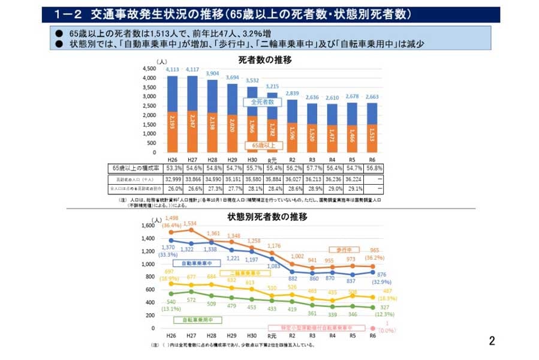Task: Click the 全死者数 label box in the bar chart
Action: pos(261,102)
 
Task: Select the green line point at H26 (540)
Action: pos(172,293)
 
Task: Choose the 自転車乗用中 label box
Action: pos(193,320)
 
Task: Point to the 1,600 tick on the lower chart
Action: pos(147,226)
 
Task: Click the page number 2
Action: pos(492,341)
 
